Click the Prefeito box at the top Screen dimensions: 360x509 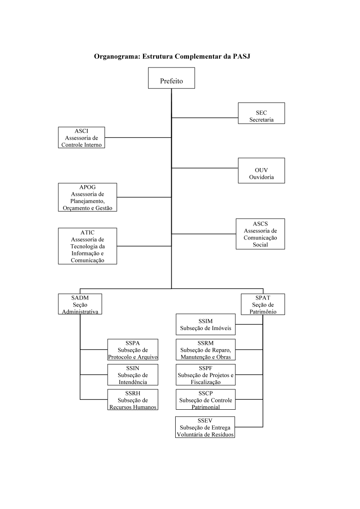click(x=172, y=78)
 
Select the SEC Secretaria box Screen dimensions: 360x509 click(x=261, y=113)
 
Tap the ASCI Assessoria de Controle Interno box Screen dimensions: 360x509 click(x=82, y=138)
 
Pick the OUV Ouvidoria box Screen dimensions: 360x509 click(x=261, y=171)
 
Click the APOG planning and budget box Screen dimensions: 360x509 click(x=88, y=197)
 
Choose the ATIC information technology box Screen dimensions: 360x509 click(x=88, y=246)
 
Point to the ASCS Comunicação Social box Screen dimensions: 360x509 click(x=260, y=234)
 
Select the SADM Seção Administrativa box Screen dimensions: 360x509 click(x=80, y=304)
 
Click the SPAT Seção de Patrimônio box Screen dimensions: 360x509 click(x=263, y=304)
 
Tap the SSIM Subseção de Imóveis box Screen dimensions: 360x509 click(x=206, y=324)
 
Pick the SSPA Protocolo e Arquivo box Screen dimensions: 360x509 click(x=133, y=350)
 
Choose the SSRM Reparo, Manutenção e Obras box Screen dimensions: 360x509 click(x=206, y=350)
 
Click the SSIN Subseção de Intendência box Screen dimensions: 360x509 click(x=133, y=374)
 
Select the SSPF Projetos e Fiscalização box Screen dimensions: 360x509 click(x=206, y=374)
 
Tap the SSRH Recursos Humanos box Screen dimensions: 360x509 click(x=133, y=400)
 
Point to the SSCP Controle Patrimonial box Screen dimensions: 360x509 click(x=206, y=400)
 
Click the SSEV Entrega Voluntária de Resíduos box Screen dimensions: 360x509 click(x=205, y=427)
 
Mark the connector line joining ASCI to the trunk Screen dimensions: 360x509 click(x=138, y=138)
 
